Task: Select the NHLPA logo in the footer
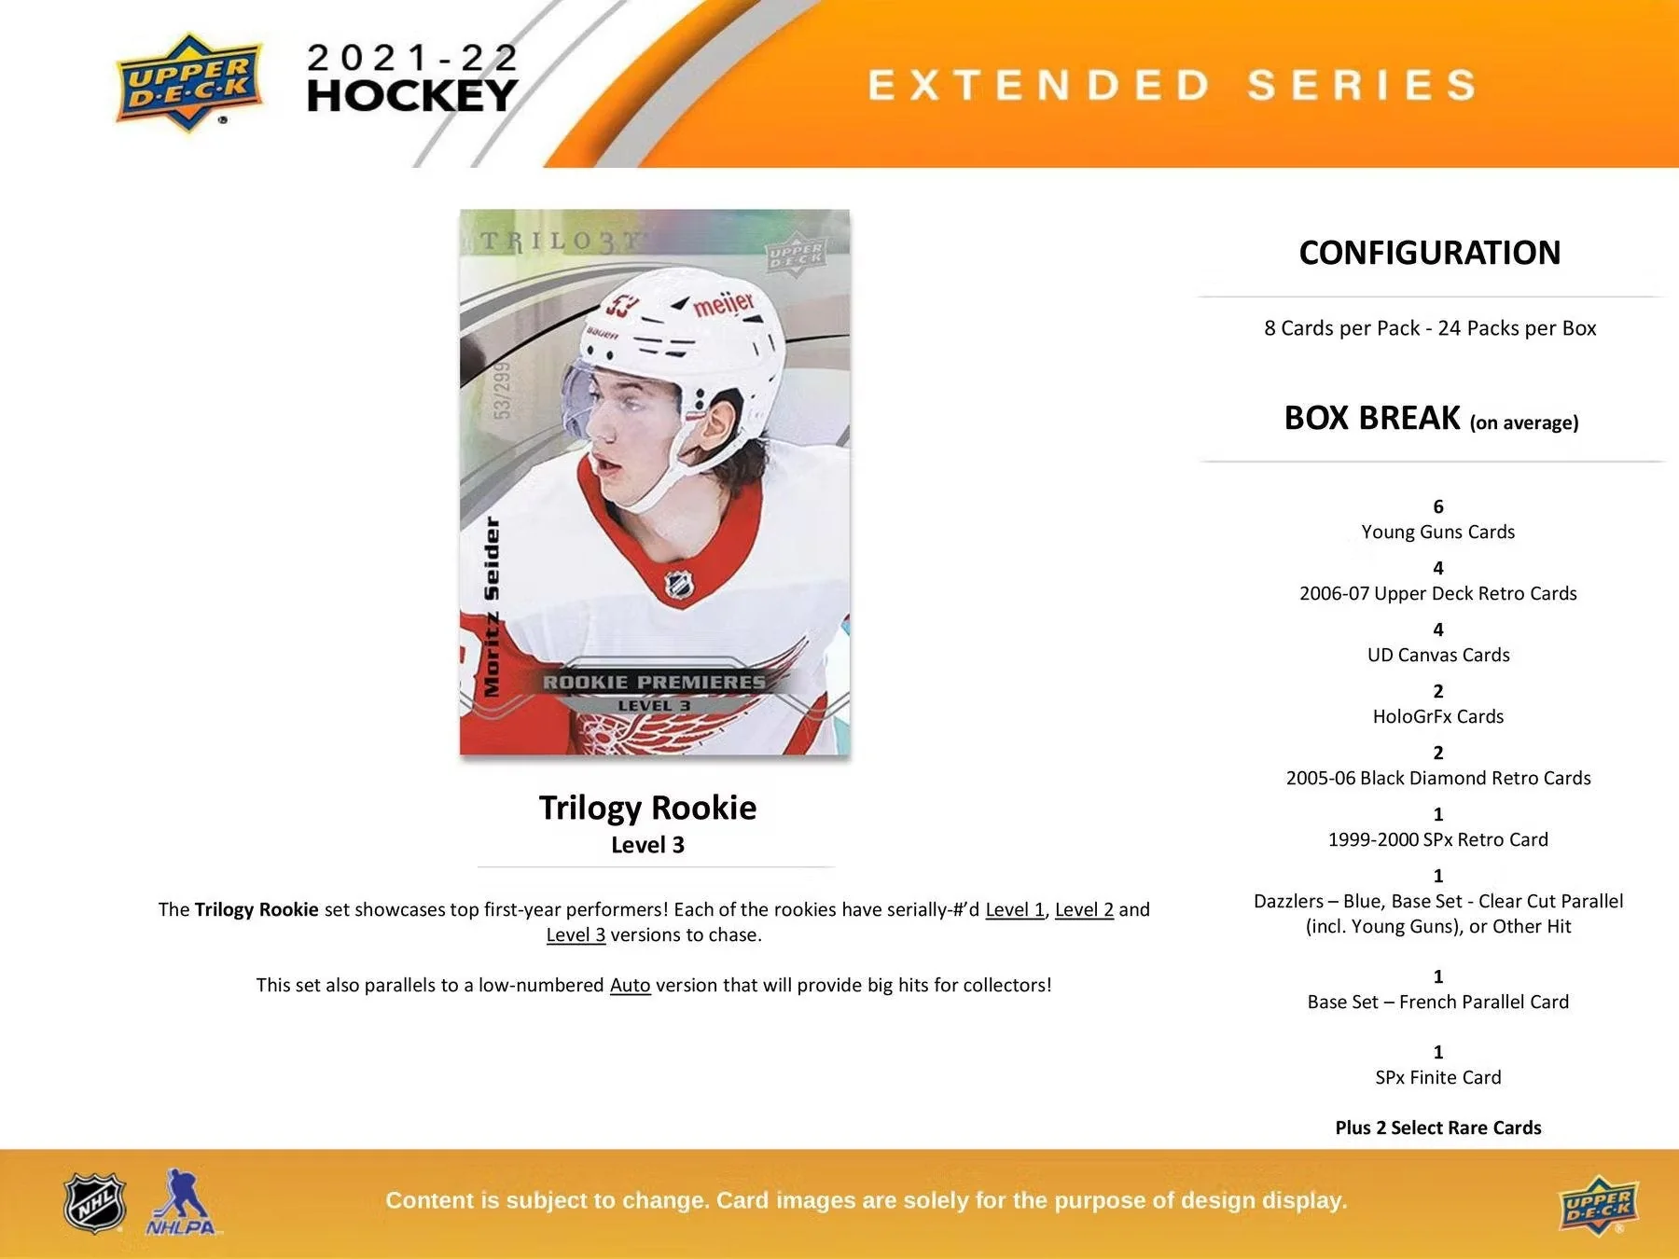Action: tap(180, 1204)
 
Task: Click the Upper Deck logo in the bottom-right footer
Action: tap(1598, 1209)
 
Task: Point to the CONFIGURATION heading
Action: tap(1429, 253)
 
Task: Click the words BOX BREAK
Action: tap(1371, 418)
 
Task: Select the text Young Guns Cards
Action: tap(1437, 532)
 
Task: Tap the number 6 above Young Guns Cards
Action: tap(1437, 506)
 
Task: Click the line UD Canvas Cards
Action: tap(1437, 655)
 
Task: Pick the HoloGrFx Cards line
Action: tap(1437, 716)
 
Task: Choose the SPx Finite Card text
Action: tap(1437, 1077)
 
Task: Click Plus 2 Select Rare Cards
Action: tap(1437, 1128)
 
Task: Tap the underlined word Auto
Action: tap(630, 985)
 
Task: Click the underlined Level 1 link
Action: tap(1014, 909)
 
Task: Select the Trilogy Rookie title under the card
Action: tap(647, 808)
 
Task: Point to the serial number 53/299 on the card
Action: tap(502, 390)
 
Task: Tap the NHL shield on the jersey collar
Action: tap(679, 585)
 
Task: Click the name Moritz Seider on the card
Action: tap(491, 606)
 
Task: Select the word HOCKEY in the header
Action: tap(411, 95)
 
